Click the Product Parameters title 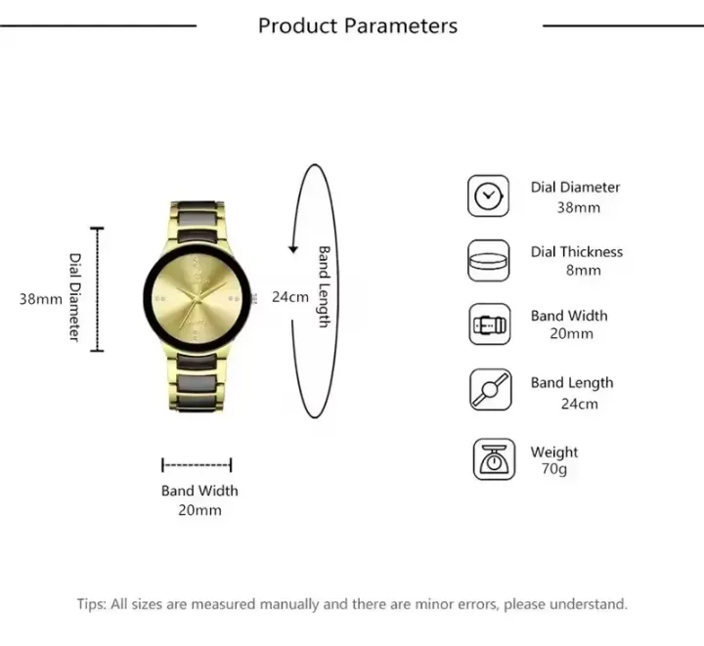coord(357,25)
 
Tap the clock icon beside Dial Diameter coord(488,196)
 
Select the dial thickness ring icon coord(488,261)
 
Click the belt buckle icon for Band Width coord(488,324)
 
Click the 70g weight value coord(553,470)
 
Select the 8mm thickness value coord(583,271)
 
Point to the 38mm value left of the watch coord(41,298)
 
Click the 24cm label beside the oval coord(289,296)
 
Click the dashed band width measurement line coord(197,465)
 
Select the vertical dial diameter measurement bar coord(97,289)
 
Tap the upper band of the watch coord(199,219)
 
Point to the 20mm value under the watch coord(199,510)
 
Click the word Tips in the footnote coord(92,605)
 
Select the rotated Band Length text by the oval coord(324,286)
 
